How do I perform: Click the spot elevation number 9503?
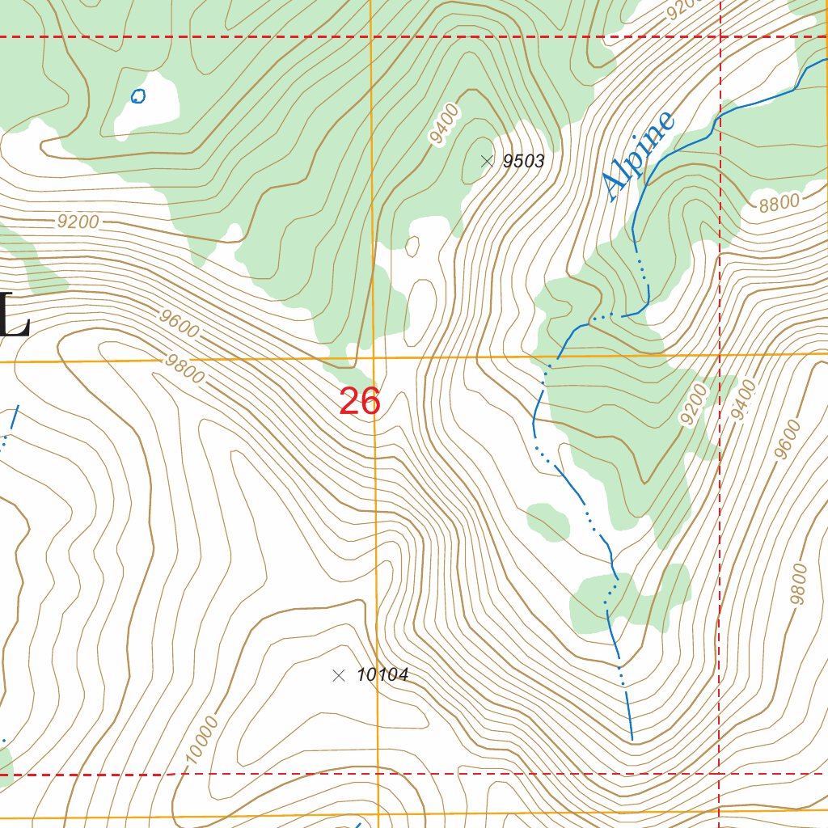(x=523, y=162)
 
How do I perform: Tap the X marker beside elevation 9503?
(x=487, y=161)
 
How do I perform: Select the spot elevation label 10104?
(x=382, y=675)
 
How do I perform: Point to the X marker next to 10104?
(x=339, y=675)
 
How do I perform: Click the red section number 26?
(x=360, y=402)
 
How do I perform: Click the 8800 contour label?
(x=779, y=202)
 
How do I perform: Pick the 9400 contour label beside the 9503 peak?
(x=444, y=125)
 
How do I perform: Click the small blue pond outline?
(x=138, y=96)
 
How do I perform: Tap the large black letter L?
(x=15, y=315)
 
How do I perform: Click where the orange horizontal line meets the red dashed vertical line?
(x=720, y=354)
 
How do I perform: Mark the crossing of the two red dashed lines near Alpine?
(x=720, y=36)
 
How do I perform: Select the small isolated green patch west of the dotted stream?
(x=547, y=521)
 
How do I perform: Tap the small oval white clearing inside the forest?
(x=412, y=245)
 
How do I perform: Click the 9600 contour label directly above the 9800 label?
(x=179, y=325)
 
